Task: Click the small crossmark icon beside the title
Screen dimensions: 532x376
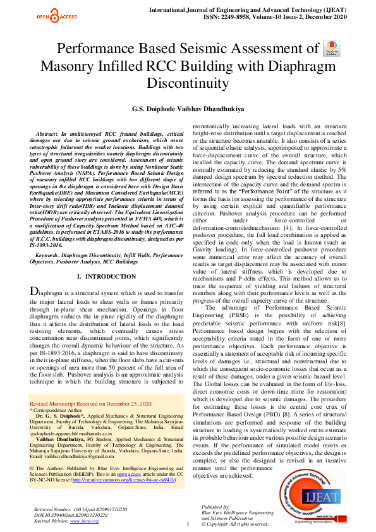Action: (x=331, y=49)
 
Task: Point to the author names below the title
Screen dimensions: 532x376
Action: (x=188, y=109)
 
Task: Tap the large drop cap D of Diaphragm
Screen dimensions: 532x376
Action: (x=36, y=291)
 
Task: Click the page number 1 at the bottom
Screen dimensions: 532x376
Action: (x=188, y=524)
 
